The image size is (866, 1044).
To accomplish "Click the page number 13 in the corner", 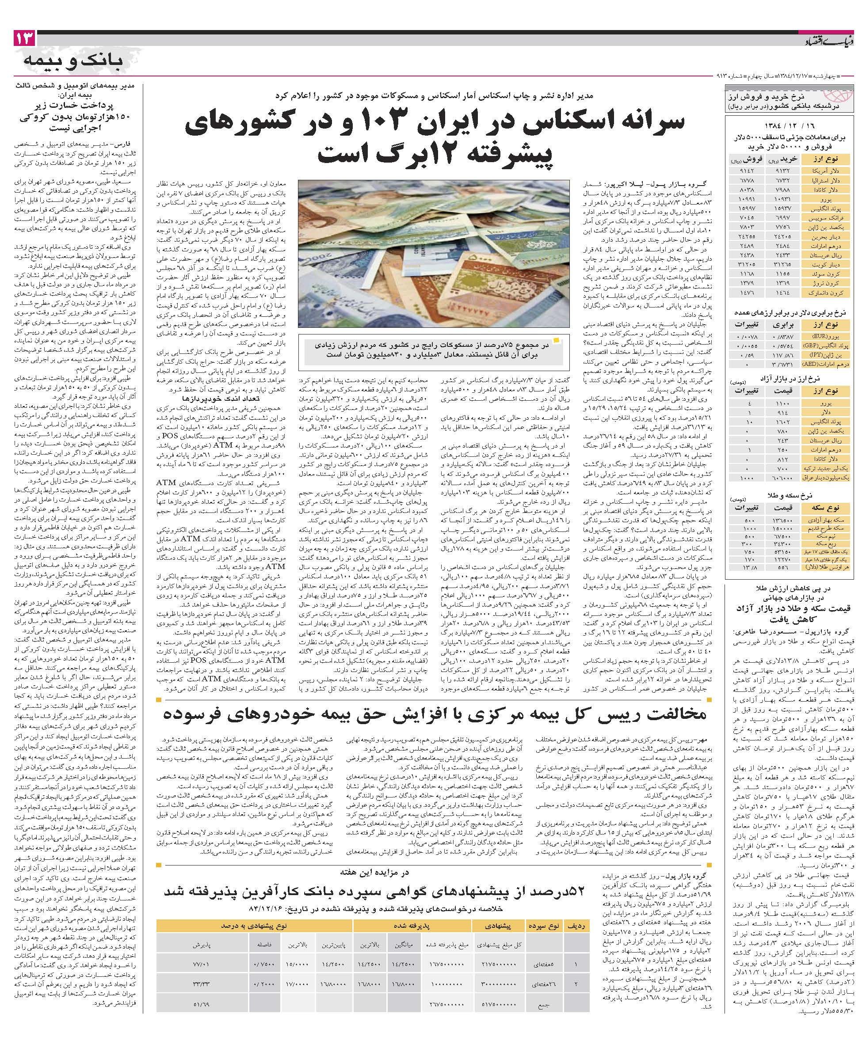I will click(x=25, y=38).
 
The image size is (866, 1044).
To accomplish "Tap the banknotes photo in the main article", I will click(x=433, y=253).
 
